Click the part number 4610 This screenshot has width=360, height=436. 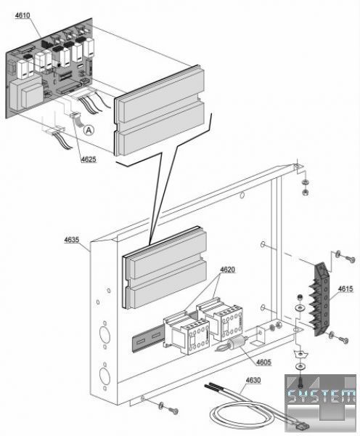[x=22, y=15]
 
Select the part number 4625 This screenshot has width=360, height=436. [x=89, y=159]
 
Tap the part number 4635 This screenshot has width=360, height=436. [x=72, y=240]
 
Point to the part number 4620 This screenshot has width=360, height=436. [x=227, y=270]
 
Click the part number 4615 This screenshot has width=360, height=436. [x=345, y=289]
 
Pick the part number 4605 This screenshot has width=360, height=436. [x=263, y=363]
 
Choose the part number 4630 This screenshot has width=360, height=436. [x=253, y=380]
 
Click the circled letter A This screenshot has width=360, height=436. [x=89, y=130]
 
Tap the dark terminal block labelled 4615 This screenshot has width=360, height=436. [x=322, y=299]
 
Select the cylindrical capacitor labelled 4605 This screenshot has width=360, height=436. [x=236, y=342]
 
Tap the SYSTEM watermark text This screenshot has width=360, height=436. [x=321, y=396]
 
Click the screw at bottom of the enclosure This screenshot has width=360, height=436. [x=173, y=411]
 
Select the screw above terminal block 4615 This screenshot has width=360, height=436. [x=350, y=259]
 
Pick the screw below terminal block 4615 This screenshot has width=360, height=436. [x=343, y=340]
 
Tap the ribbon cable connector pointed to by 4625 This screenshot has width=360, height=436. [x=74, y=116]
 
